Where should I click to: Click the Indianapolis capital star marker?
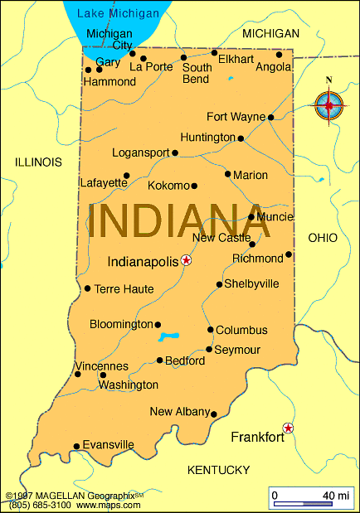[x=186, y=260]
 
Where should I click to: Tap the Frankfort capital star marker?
[x=288, y=428]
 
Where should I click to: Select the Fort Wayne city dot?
[x=270, y=117]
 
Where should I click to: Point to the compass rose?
[x=329, y=104]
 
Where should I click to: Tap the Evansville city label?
[x=109, y=445]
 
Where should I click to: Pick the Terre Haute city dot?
[x=87, y=288]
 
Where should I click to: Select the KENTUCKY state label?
[x=218, y=470]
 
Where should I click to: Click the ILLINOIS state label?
[x=38, y=162]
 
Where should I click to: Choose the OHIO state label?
[x=323, y=238]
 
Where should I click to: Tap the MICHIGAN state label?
[x=270, y=34]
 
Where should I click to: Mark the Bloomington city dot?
[x=158, y=325]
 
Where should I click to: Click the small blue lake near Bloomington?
[x=169, y=337]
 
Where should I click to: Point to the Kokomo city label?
[x=169, y=186]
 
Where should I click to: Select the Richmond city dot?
[x=289, y=254]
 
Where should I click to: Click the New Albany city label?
[x=178, y=412]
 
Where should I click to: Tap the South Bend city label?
[x=196, y=74]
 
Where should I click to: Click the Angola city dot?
[x=279, y=55]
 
